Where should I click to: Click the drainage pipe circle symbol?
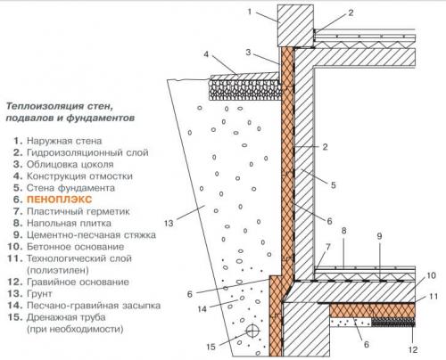click(x=252, y=330)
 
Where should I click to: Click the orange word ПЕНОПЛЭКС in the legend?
click(x=60, y=200)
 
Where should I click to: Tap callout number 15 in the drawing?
click(x=211, y=347)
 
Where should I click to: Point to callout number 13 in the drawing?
click(x=169, y=223)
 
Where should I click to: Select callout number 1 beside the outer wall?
click(x=250, y=12)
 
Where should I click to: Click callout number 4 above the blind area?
click(x=206, y=54)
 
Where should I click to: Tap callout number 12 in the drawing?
click(x=413, y=349)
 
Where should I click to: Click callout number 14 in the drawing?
click(x=202, y=309)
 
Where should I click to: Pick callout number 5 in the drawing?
click(x=334, y=185)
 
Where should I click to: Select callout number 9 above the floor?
click(x=379, y=236)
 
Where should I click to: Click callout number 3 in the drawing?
click(x=248, y=53)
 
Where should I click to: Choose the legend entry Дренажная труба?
click(x=66, y=317)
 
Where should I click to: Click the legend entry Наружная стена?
click(x=64, y=141)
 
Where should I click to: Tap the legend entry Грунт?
click(x=39, y=294)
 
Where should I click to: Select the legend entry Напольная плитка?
click(x=69, y=223)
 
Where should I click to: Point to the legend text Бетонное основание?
click(x=76, y=247)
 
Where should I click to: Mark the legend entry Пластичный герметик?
click(x=78, y=211)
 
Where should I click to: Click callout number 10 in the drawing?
click(x=431, y=275)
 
